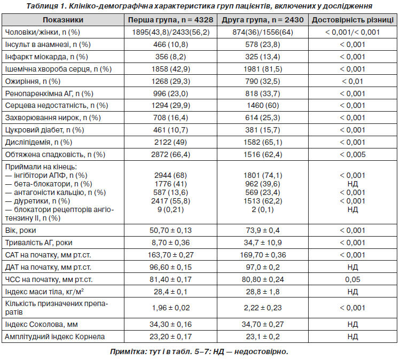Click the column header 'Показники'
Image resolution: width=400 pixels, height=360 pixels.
63,20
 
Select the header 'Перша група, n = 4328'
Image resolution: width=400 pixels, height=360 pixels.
170,20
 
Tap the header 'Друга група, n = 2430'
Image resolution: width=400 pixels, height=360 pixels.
263,20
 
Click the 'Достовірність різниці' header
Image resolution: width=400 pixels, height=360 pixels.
352,20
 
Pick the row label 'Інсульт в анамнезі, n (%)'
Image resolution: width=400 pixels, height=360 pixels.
48,45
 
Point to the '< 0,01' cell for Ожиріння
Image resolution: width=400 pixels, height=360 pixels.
352,81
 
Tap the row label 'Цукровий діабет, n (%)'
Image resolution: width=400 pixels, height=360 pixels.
44,130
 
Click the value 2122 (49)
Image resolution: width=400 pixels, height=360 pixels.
170,143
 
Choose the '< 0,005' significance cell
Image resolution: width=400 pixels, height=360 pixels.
352,154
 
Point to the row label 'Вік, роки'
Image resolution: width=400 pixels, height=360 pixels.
20,230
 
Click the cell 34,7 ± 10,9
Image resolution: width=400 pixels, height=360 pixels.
263,242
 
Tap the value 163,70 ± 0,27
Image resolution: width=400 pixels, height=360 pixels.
170,255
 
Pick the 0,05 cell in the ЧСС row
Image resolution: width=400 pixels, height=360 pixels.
352,279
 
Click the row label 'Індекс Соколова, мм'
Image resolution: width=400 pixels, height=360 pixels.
41,325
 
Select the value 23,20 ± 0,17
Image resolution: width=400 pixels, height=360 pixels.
170,337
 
